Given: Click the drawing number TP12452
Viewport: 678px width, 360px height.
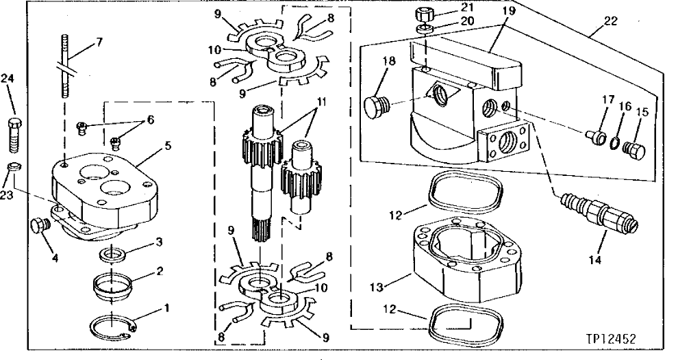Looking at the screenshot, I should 623,338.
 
